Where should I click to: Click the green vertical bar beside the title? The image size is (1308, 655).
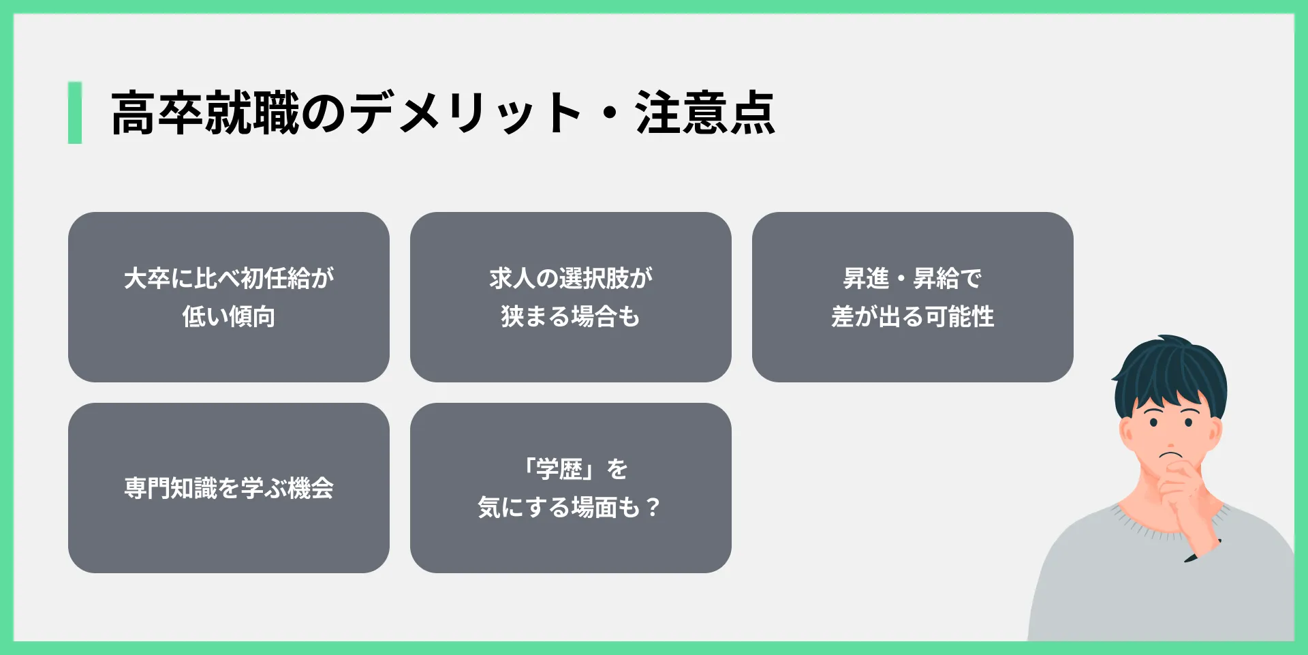75,112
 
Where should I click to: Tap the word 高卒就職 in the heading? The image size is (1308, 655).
205,113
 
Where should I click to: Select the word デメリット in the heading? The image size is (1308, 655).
467,113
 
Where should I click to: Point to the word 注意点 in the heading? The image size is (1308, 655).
705,113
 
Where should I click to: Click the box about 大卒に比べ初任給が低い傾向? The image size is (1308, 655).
229,297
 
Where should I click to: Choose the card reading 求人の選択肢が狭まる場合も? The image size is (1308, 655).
571,297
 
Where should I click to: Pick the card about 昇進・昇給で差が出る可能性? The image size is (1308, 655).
913,297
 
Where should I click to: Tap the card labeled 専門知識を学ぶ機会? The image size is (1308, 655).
229,488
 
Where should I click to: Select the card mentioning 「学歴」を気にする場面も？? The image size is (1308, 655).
571,488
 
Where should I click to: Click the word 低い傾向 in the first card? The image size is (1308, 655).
229,317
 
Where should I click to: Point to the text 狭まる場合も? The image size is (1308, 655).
571,317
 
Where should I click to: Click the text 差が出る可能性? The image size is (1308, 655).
913,317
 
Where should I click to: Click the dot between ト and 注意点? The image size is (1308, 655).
609,114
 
